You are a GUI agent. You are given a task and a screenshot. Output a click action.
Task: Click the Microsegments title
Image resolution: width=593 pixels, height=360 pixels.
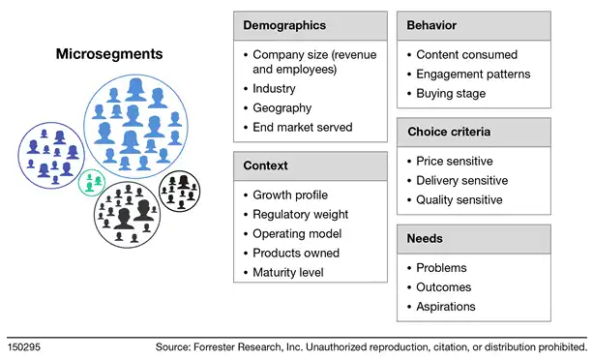point(109,55)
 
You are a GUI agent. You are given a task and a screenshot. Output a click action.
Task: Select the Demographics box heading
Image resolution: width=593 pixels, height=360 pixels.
point(283,25)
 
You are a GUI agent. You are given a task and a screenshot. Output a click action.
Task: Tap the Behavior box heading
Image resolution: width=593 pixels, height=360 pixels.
point(432,25)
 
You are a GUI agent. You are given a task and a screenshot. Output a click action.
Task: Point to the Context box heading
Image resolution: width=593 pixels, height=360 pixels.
point(266,165)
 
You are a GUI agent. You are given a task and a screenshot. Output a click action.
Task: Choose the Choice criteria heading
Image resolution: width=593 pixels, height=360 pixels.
point(449,132)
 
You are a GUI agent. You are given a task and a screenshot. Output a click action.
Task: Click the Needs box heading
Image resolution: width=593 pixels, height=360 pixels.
point(427,239)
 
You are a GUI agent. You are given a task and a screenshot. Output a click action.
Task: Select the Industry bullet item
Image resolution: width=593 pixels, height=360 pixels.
point(276,89)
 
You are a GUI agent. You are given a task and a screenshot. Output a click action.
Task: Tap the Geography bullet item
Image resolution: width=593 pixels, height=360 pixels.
point(282,108)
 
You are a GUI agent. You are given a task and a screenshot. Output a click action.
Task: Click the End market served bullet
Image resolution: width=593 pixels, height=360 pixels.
point(303,127)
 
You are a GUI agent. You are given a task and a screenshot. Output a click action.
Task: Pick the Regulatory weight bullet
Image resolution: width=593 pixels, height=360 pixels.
point(300,214)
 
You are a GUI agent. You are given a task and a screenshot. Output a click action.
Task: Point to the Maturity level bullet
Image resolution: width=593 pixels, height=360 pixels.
point(288,272)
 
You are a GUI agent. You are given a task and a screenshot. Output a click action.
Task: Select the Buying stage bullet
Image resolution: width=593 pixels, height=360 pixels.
point(451,93)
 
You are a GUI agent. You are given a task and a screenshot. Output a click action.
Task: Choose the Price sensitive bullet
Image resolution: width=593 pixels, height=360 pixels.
point(455,161)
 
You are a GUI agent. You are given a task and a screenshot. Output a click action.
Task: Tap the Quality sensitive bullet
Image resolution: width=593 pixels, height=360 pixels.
point(460,199)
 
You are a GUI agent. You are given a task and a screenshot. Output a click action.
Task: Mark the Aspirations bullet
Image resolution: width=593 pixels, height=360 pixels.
point(446,307)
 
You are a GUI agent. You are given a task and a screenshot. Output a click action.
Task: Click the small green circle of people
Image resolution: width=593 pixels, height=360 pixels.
point(92,180)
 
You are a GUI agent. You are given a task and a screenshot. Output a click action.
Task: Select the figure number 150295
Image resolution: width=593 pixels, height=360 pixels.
point(24,345)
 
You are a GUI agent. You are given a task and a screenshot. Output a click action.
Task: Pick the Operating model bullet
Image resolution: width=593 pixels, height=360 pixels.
point(296,233)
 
